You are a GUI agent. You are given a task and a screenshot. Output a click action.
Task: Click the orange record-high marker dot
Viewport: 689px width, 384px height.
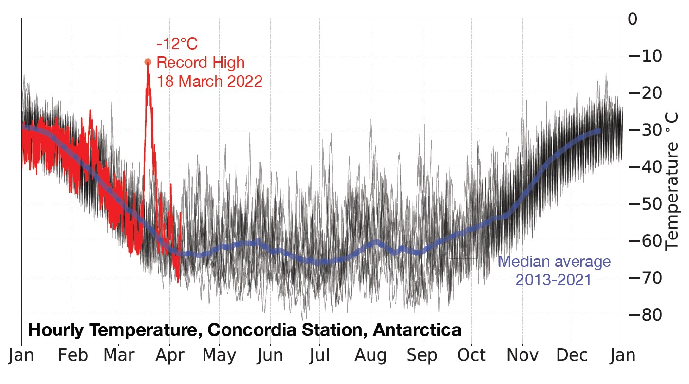click(x=148, y=62)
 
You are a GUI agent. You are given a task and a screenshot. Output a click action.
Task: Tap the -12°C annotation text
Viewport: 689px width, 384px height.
click(x=177, y=45)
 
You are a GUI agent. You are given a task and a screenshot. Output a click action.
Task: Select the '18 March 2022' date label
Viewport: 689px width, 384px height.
click(x=209, y=81)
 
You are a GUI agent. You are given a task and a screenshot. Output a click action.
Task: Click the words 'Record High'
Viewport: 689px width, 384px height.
click(x=200, y=63)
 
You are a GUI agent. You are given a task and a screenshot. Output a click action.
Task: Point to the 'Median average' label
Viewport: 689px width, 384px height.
click(x=554, y=261)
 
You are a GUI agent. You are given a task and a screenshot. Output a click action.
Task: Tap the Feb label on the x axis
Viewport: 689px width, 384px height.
click(x=73, y=356)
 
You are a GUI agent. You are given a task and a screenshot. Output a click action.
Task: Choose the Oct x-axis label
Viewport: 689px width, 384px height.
click(x=471, y=356)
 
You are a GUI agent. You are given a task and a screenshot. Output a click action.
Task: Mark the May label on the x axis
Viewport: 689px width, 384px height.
click(x=219, y=356)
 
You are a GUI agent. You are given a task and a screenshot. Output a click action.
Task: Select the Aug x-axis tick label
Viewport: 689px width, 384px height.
click(x=371, y=356)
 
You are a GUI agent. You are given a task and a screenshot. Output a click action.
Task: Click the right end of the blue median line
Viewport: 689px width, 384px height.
click(x=598, y=131)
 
